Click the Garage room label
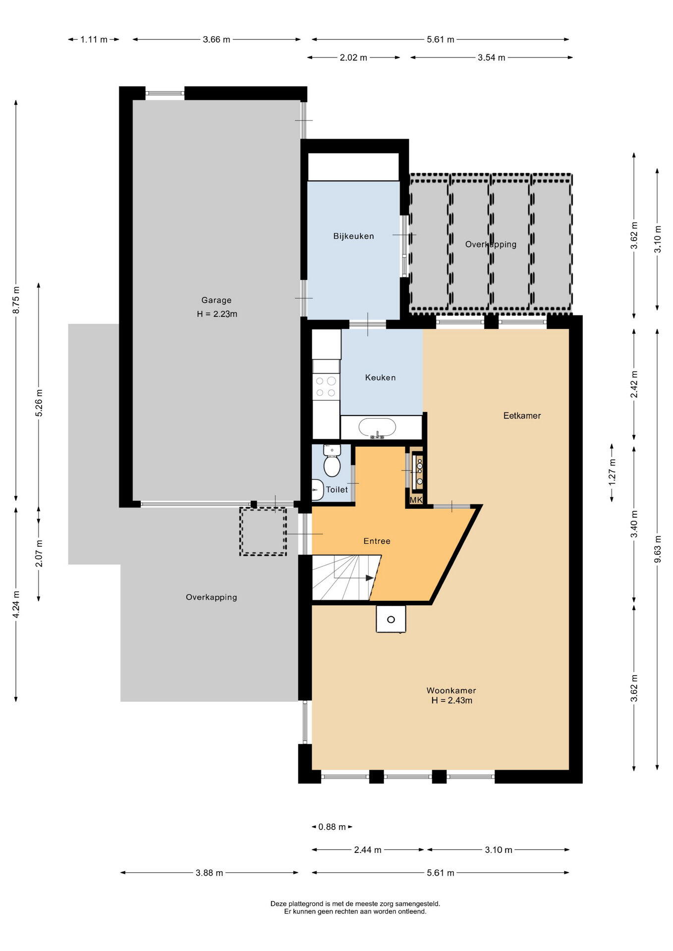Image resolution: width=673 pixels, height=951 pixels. [216, 300]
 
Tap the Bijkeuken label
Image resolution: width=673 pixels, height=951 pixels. [353, 236]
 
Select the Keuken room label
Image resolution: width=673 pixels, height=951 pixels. [380, 378]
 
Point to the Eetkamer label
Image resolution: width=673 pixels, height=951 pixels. [522, 416]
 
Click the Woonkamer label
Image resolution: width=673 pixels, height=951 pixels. [451, 690]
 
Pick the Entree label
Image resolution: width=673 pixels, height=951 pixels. [377, 541]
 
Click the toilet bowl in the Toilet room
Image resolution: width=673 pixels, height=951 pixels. [332, 461]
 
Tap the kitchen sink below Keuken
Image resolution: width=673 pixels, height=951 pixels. [378, 427]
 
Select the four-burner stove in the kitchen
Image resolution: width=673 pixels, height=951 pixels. [326, 387]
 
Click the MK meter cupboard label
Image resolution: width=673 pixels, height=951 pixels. [416, 500]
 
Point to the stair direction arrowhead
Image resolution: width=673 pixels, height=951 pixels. [370, 578]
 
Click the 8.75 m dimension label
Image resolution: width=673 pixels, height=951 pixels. [16, 300]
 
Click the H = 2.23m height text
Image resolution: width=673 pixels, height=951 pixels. [217, 314]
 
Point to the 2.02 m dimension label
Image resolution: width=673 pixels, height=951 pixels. [353, 57]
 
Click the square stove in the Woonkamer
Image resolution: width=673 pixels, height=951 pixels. [391, 619]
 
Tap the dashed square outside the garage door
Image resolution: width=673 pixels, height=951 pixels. [263, 531]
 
